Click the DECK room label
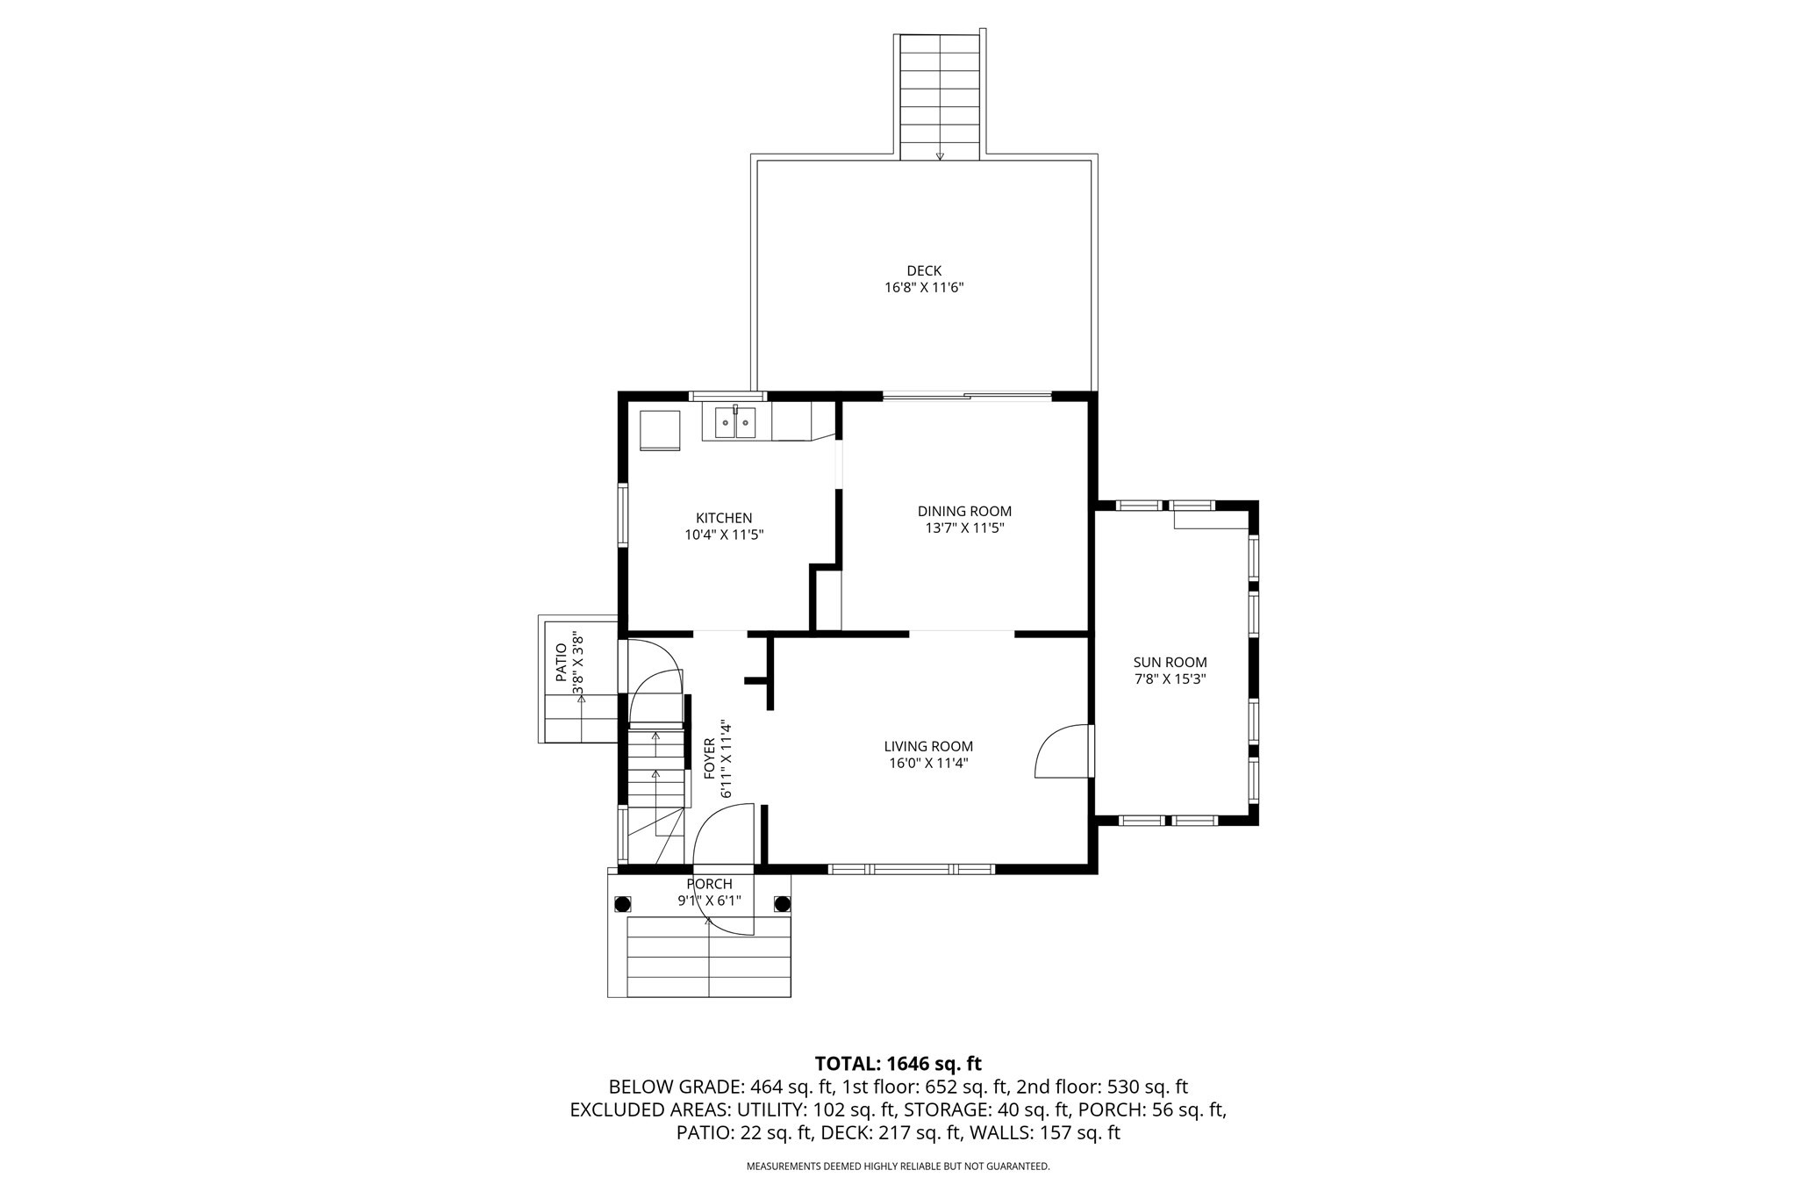click(x=924, y=271)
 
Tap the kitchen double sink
click(x=735, y=423)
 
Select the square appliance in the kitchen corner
click(x=660, y=430)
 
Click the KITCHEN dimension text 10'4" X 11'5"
click(x=724, y=534)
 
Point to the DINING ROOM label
click(x=964, y=511)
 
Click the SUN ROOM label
click(x=1170, y=663)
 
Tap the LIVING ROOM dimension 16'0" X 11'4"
click(x=928, y=763)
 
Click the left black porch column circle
click(x=622, y=904)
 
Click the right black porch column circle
click(x=782, y=904)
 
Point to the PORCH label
click(x=709, y=884)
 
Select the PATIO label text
click(x=562, y=663)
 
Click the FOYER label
click(x=710, y=758)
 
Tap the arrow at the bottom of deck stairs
click(x=940, y=156)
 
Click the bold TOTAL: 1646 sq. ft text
click(x=898, y=1064)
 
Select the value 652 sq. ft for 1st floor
click(x=963, y=1087)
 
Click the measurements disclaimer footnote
click(x=898, y=1167)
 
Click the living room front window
click(x=912, y=869)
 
